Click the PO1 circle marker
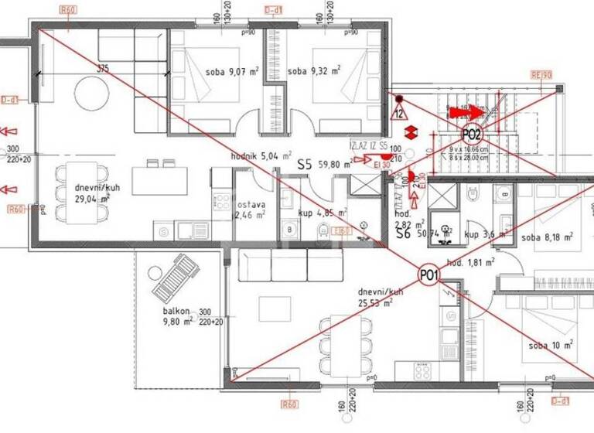tap(429, 274)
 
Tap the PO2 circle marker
tap(472, 134)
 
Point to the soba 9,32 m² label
tap(313, 73)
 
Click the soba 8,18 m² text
tap(548, 238)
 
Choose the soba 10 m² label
tap(551, 345)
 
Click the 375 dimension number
tap(104, 68)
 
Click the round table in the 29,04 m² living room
tap(93, 98)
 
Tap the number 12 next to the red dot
tap(398, 113)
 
